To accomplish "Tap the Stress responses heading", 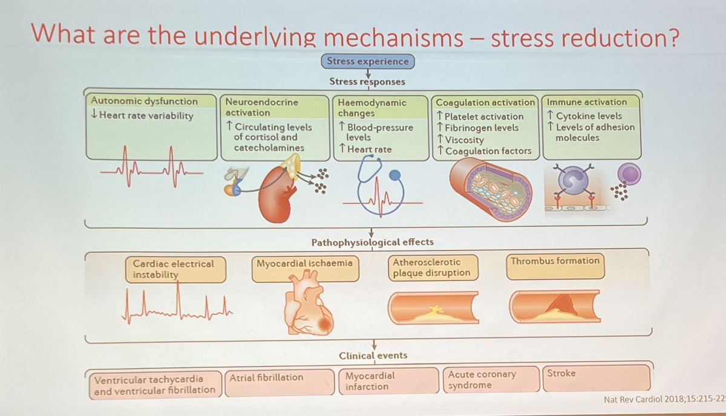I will coord(367,81).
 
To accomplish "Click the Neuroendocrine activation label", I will coord(261,107).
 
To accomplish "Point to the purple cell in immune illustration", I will coord(629,176).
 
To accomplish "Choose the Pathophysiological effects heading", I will coord(372,242).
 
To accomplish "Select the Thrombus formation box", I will coord(555,267).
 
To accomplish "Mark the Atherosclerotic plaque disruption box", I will coord(432,267).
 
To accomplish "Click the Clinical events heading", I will coord(373,356).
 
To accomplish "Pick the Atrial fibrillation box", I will coord(280,383).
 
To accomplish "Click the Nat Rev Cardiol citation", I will coord(664,400).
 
